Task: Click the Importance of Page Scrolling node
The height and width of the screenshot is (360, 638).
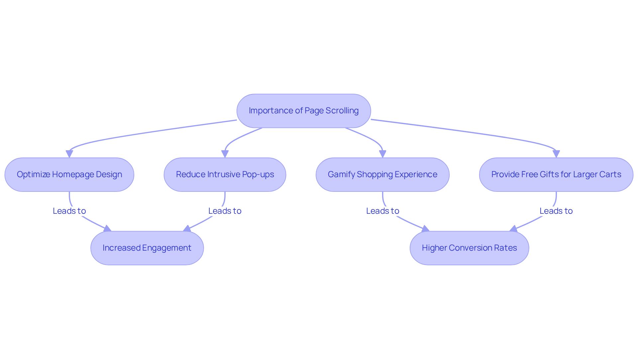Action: (x=303, y=111)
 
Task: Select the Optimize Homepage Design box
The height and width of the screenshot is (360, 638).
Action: (x=69, y=175)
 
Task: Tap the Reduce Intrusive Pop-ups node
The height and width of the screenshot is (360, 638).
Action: (x=225, y=175)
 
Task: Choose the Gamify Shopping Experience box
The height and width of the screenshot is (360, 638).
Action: (x=382, y=175)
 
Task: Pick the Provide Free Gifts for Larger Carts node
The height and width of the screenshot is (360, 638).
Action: (x=556, y=175)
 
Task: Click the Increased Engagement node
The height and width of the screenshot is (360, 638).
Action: (x=147, y=248)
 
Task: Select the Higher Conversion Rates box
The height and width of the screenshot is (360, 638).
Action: (x=469, y=248)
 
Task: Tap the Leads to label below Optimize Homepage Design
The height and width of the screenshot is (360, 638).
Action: (x=69, y=211)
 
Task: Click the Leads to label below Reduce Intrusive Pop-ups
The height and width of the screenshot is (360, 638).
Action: (x=225, y=211)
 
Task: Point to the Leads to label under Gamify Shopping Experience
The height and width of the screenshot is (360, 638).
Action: (x=382, y=211)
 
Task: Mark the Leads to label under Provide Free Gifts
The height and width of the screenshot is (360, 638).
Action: (x=556, y=211)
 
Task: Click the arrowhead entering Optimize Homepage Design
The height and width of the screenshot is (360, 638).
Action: (x=69, y=154)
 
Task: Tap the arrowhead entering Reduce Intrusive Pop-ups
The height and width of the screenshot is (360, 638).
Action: (x=225, y=154)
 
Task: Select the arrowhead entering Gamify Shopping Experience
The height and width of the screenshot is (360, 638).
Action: (x=382, y=154)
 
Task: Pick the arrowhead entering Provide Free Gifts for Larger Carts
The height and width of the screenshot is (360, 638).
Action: (x=556, y=154)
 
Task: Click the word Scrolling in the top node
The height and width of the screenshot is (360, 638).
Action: (x=342, y=111)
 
